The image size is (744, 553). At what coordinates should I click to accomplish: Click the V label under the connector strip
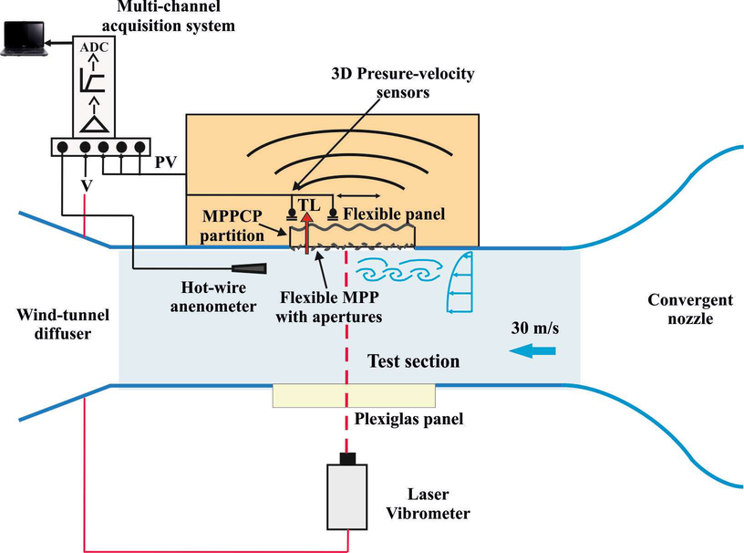pos(85,183)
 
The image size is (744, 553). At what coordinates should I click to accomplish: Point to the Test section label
pos(413,362)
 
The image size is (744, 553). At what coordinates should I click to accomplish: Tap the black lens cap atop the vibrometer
pos(346,457)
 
